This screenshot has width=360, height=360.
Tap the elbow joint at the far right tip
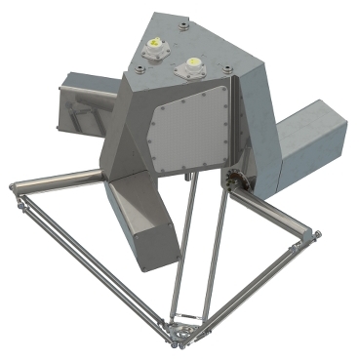[313, 234]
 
